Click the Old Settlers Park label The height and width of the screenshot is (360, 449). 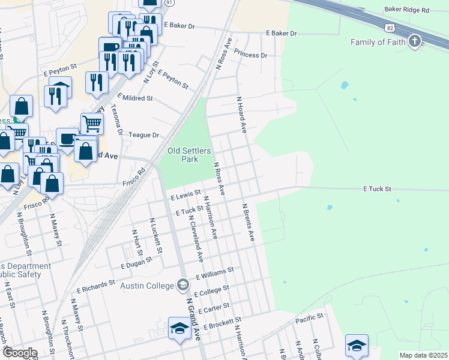(x=189, y=155)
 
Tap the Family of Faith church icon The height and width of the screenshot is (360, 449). (x=414, y=41)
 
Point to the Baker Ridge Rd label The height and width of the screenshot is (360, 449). (x=408, y=11)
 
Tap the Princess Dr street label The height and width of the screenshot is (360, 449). (x=250, y=55)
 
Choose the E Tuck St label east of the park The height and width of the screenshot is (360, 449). (x=377, y=188)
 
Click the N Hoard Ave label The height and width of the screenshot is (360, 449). (x=242, y=115)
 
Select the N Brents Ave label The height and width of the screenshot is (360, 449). (x=249, y=222)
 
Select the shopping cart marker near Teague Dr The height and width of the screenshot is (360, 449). (x=92, y=124)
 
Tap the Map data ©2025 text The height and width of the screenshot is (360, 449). (x=423, y=355)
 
